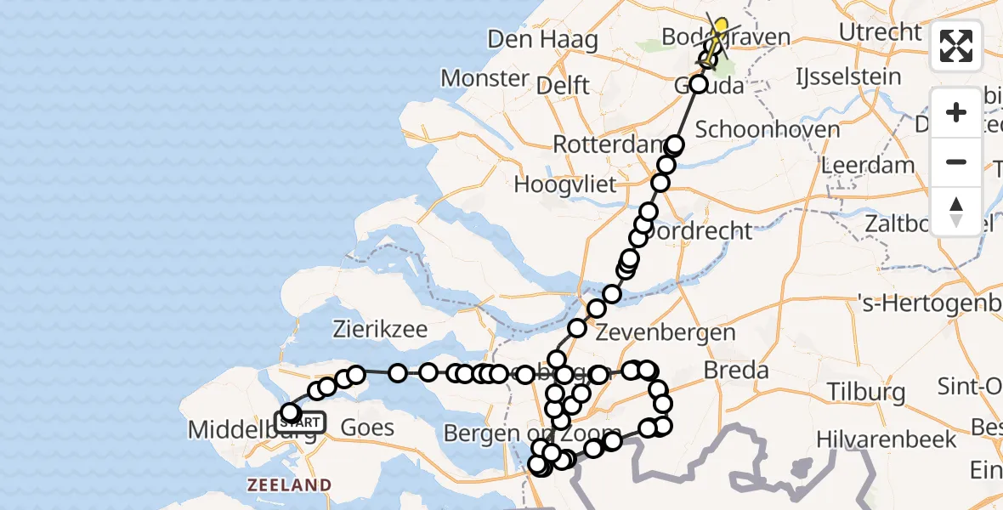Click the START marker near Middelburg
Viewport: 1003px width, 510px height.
click(301, 422)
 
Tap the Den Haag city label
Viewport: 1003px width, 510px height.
click(543, 40)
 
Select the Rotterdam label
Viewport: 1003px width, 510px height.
click(607, 144)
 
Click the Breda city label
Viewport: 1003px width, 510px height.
click(736, 370)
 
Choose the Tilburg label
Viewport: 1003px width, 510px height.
click(864, 393)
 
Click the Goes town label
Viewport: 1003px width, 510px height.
click(367, 427)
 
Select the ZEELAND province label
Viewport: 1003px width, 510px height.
click(289, 485)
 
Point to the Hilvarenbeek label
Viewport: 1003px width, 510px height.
click(886, 439)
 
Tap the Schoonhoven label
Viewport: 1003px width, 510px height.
click(768, 130)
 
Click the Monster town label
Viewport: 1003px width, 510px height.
click(485, 79)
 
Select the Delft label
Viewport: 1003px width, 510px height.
click(563, 85)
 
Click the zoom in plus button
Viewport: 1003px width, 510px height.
click(956, 112)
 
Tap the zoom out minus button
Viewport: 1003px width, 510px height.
click(956, 161)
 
